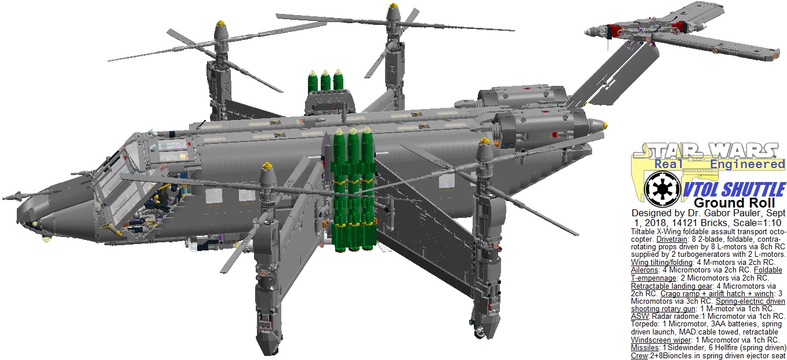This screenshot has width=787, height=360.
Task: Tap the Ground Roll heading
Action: tap(734, 203)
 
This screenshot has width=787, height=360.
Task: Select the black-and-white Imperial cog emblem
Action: tap(660, 190)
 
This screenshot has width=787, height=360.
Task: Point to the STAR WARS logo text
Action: tap(705, 150)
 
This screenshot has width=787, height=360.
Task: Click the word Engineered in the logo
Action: tap(748, 165)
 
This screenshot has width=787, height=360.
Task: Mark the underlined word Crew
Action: tap(640, 355)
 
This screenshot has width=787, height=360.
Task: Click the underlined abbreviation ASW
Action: tap(638, 317)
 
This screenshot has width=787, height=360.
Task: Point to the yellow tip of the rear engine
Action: tap(605, 125)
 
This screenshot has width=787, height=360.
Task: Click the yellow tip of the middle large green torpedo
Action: tap(353, 133)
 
